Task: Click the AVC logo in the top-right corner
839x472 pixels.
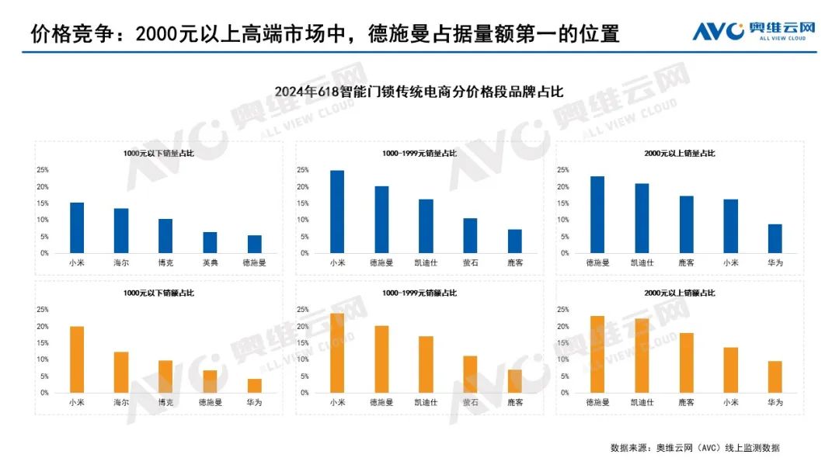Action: coord(753,31)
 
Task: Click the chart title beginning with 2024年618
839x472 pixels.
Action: coord(419,92)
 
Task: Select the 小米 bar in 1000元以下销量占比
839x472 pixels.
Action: coord(77,227)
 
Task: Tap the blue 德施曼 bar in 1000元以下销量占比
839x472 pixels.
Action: coord(254,244)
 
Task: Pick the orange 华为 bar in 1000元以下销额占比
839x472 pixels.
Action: coord(254,385)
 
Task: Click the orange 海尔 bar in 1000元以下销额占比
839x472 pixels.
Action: coord(121,372)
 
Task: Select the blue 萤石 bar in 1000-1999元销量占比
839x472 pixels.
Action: coord(470,235)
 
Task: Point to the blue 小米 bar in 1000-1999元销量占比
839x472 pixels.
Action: coord(337,211)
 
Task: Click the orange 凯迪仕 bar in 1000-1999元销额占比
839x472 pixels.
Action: coord(426,364)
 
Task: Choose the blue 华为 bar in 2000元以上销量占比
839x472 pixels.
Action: coord(775,238)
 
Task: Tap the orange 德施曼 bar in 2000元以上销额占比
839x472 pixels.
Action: coord(597,354)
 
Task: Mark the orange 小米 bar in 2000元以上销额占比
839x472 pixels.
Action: coord(731,370)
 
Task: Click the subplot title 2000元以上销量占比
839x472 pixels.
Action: coord(680,154)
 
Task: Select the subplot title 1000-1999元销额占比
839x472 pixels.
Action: coord(419,293)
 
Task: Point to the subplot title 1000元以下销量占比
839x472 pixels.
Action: coord(158,154)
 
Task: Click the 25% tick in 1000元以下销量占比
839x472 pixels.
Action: coord(44,170)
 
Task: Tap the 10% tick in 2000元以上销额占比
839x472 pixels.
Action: coord(563,359)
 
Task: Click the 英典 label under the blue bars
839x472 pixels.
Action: coord(210,263)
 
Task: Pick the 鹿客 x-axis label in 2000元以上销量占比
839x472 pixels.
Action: coord(687,263)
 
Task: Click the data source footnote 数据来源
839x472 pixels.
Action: coord(695,448)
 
